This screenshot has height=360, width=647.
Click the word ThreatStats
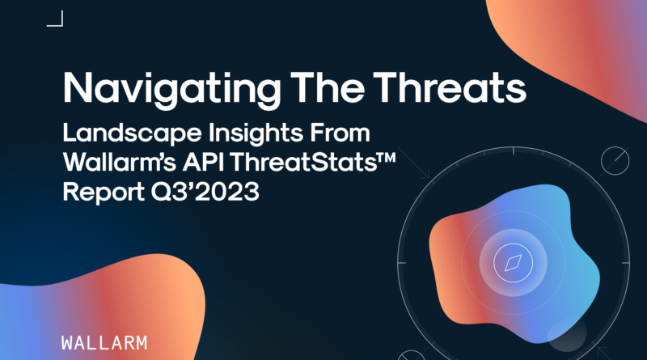(x=303, y=163)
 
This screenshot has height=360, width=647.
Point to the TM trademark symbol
(x=387, y=157)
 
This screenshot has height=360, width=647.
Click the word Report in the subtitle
(x=104, y=193)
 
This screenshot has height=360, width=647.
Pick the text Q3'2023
(x=205, y=192)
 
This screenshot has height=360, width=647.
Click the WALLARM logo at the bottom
(x=104, y=343)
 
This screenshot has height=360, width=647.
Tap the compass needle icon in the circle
(x=513, y=263)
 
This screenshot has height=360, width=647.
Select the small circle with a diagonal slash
(x=615, y=161)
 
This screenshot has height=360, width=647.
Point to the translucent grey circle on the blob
(x=567, y=334)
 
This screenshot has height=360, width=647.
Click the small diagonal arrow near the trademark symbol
(x=413, y=163)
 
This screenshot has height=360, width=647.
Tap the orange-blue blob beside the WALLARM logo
(x=104, y=306)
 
